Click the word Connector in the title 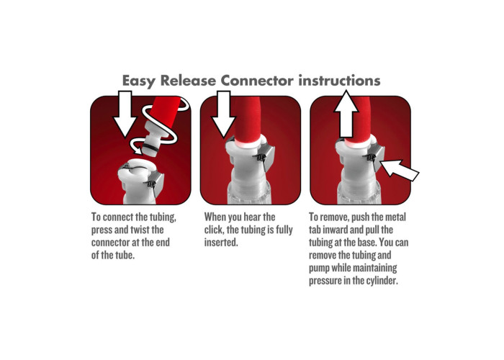tap(257, 81)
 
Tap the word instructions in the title tap(339, 81)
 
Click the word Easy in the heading tap(139, 81)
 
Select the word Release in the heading tap(188, 81)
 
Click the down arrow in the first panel tap(125, 114)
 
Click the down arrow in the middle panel tap(224, 114)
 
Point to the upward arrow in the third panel tap(346, 114)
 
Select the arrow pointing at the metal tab tap(400, 170)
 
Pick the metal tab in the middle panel tap(266, 158)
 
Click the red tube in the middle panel tap(247, 120)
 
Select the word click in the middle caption tap(213, 230)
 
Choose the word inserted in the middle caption tap(221, 243)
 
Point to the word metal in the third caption tap(395, 217)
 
